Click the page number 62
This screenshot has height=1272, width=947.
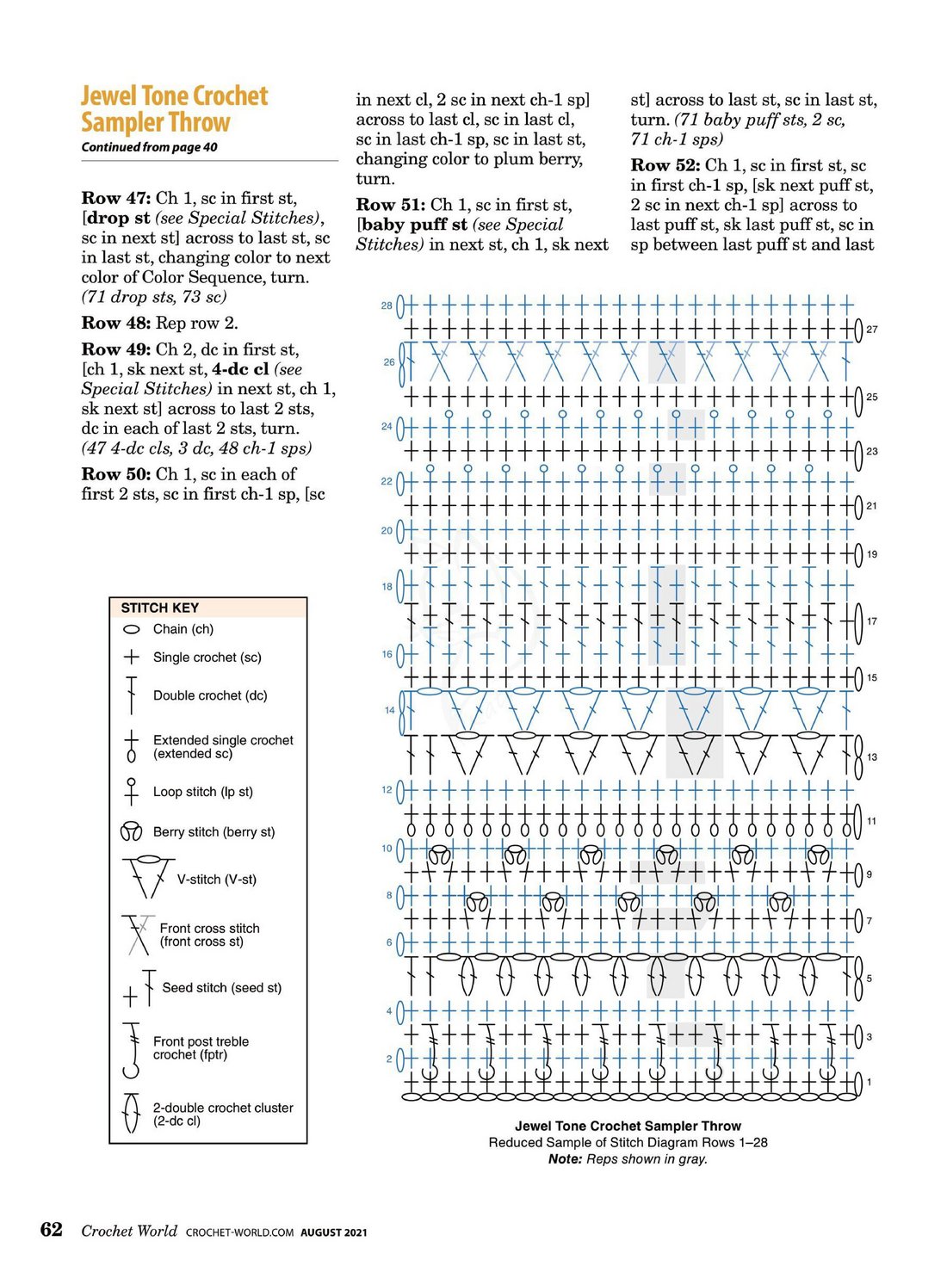[52, 1229]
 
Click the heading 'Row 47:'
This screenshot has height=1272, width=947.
[115, 198]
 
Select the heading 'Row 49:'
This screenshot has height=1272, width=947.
[115, 349]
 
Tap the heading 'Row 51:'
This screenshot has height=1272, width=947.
[390, 205]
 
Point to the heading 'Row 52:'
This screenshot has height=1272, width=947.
[665, 165]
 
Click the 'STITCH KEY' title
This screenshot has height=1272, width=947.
[159, 608]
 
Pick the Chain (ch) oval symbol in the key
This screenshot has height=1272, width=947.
[132, 630]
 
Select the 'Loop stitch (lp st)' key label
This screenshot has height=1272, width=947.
[202, 792]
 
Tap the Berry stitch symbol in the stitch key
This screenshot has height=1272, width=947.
[131, 832]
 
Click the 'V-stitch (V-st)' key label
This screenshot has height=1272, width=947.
[216, 880]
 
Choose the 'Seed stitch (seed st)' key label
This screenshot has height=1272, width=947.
[221, 988]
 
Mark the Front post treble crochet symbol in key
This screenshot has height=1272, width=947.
[132, 1050]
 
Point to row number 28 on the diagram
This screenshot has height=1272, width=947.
[387, 306]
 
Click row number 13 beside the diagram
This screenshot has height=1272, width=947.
[872, 757]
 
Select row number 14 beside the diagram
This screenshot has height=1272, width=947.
[390, 710]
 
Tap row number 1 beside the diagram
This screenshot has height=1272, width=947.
[869, 1082]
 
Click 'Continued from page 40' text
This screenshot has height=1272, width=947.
[149, 147]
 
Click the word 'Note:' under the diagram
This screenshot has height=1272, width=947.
[565, 1159]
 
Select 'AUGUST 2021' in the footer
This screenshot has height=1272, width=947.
[333, 1232]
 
